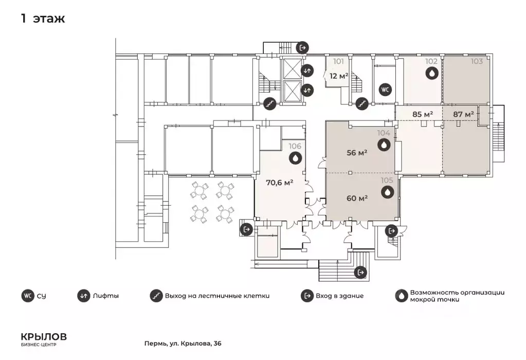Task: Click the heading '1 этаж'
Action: (x=43, y=19)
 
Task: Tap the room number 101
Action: (x=338, y=61)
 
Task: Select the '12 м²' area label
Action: (x=339, y=76)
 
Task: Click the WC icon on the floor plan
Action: (x=386, y=89)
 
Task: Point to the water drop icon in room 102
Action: (x=432, y=73)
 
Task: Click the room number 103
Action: (x=477, y=61)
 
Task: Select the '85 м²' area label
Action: (x=422, y=114)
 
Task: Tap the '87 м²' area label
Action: (x=463, y=114)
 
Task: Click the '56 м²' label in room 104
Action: (x=357, y=153)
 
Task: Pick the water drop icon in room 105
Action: (x=388, y=192)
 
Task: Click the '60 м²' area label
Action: (x=357, y=199)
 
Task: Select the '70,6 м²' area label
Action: (x=279, y=183)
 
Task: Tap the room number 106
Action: (x=295, y=146)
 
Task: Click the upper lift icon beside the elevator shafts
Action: (x=307, y=70)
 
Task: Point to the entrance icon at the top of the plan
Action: (x=302, y=48)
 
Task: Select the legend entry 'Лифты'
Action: (x=106, y=296)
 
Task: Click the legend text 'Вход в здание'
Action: (x=339, y=296)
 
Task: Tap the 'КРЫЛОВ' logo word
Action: (x=44, y=336)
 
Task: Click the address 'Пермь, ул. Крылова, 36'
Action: (x=183, y=344)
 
